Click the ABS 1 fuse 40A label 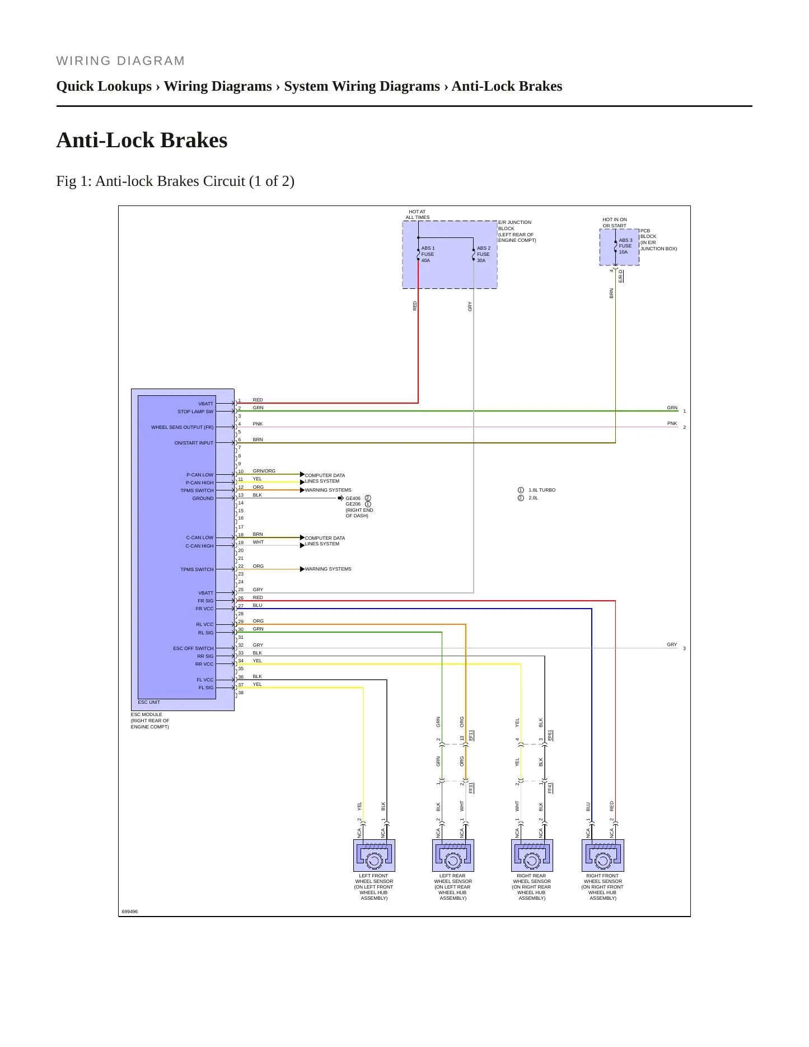coord(428,254)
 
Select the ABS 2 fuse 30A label coord(483,254)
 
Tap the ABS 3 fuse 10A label coord(625,246)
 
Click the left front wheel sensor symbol coord(374,855)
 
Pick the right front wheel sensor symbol coord(603,855)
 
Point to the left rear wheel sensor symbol coord(453,855)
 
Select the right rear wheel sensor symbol coord(532,855)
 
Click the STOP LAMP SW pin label coord(195,412)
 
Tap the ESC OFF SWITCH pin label coord(193,648)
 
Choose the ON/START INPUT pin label coord(194,443)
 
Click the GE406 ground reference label coord(353,498)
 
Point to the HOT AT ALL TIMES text coord(418,214)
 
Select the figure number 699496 coord(129,912)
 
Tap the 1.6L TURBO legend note coord(542,490)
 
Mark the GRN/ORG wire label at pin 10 coord(264,471)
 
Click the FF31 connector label coord(471,788)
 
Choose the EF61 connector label coord(550,735)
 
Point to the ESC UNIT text coord(149,702)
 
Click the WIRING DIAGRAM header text coord(120,61)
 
